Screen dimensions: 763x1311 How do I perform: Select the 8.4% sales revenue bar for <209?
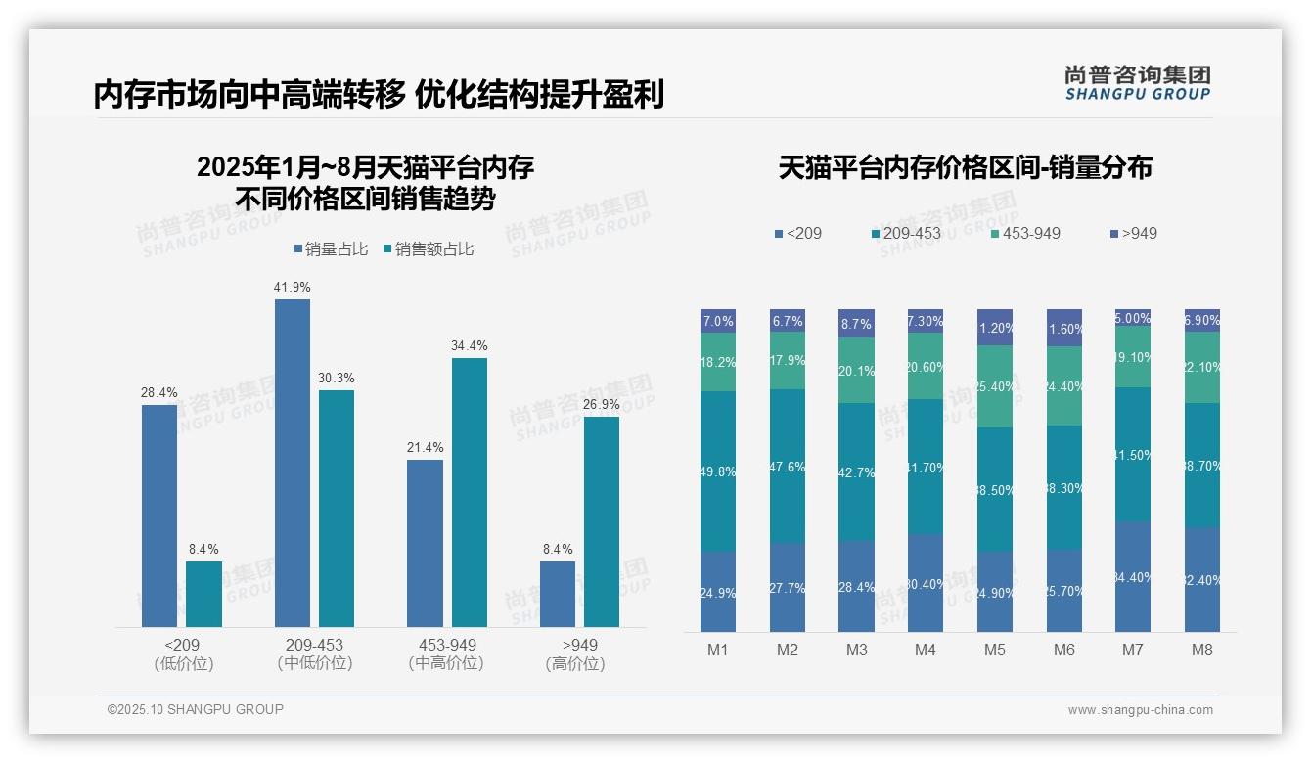point(203,594)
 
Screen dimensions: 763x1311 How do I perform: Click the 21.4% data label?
point(425,447)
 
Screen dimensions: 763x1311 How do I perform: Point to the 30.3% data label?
point(337,378)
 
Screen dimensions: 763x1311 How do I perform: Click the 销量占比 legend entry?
point(331,249)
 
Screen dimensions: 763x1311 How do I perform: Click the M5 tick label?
point(995,650)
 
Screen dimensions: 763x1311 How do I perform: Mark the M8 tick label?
point(1202,650)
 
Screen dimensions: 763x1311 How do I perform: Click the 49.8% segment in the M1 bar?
point(718,471)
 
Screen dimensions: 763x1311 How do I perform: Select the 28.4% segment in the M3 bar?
point(857,586)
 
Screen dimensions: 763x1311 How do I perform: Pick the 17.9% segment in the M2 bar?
point(788,360)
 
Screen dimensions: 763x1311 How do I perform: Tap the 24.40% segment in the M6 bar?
point(1064,385)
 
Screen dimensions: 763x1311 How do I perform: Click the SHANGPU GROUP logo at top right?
point(1138,82)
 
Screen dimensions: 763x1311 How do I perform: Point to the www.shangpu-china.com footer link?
point(1140,710)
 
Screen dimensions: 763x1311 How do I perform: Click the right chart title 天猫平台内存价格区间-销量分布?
point(965,168)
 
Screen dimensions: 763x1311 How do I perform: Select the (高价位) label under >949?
point(574,664)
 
